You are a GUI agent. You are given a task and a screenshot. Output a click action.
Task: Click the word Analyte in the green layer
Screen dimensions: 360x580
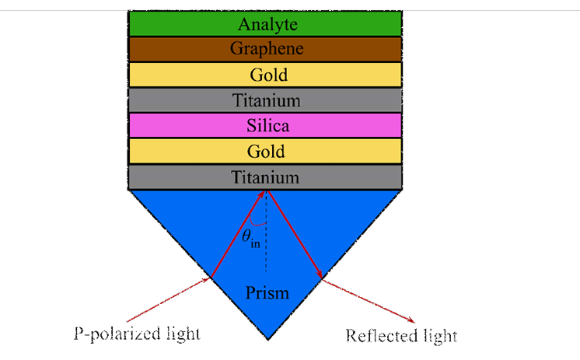(x=267, y=24)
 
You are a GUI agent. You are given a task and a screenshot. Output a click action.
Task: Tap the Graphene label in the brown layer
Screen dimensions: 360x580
(x=267, y=49)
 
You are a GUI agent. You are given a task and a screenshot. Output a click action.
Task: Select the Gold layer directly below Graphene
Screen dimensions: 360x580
(x=267, y=75)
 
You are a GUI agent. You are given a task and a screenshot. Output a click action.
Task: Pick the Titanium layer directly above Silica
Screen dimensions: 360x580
(x=267, y=100)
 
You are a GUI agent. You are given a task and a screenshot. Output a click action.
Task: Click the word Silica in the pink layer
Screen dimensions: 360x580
(x=267, y=125)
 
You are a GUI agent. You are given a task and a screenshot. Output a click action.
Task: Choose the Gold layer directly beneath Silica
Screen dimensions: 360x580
(x=267, y=151)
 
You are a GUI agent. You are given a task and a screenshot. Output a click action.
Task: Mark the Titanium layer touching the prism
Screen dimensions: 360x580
(x=267, y=177)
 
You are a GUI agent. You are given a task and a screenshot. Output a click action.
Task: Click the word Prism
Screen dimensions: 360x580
(x=267, y=293)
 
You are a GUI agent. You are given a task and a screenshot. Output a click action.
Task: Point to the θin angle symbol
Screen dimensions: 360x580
(x=249, y=243)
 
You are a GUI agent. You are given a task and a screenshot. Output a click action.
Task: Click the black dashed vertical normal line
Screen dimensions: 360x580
(x=267, y=249)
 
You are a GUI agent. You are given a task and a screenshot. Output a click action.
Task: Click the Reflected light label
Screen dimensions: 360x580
(x=401, y=337)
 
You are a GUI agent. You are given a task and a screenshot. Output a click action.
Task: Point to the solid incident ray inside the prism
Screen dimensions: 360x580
(x=237, y=235)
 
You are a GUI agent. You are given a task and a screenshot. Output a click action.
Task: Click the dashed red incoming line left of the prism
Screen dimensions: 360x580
(x=167, y=299)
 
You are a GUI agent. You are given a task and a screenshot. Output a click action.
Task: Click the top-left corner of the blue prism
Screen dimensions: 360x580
(x=131, y=190)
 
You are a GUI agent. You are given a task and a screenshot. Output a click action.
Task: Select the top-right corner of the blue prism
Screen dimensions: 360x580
(x=401, y=190)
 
